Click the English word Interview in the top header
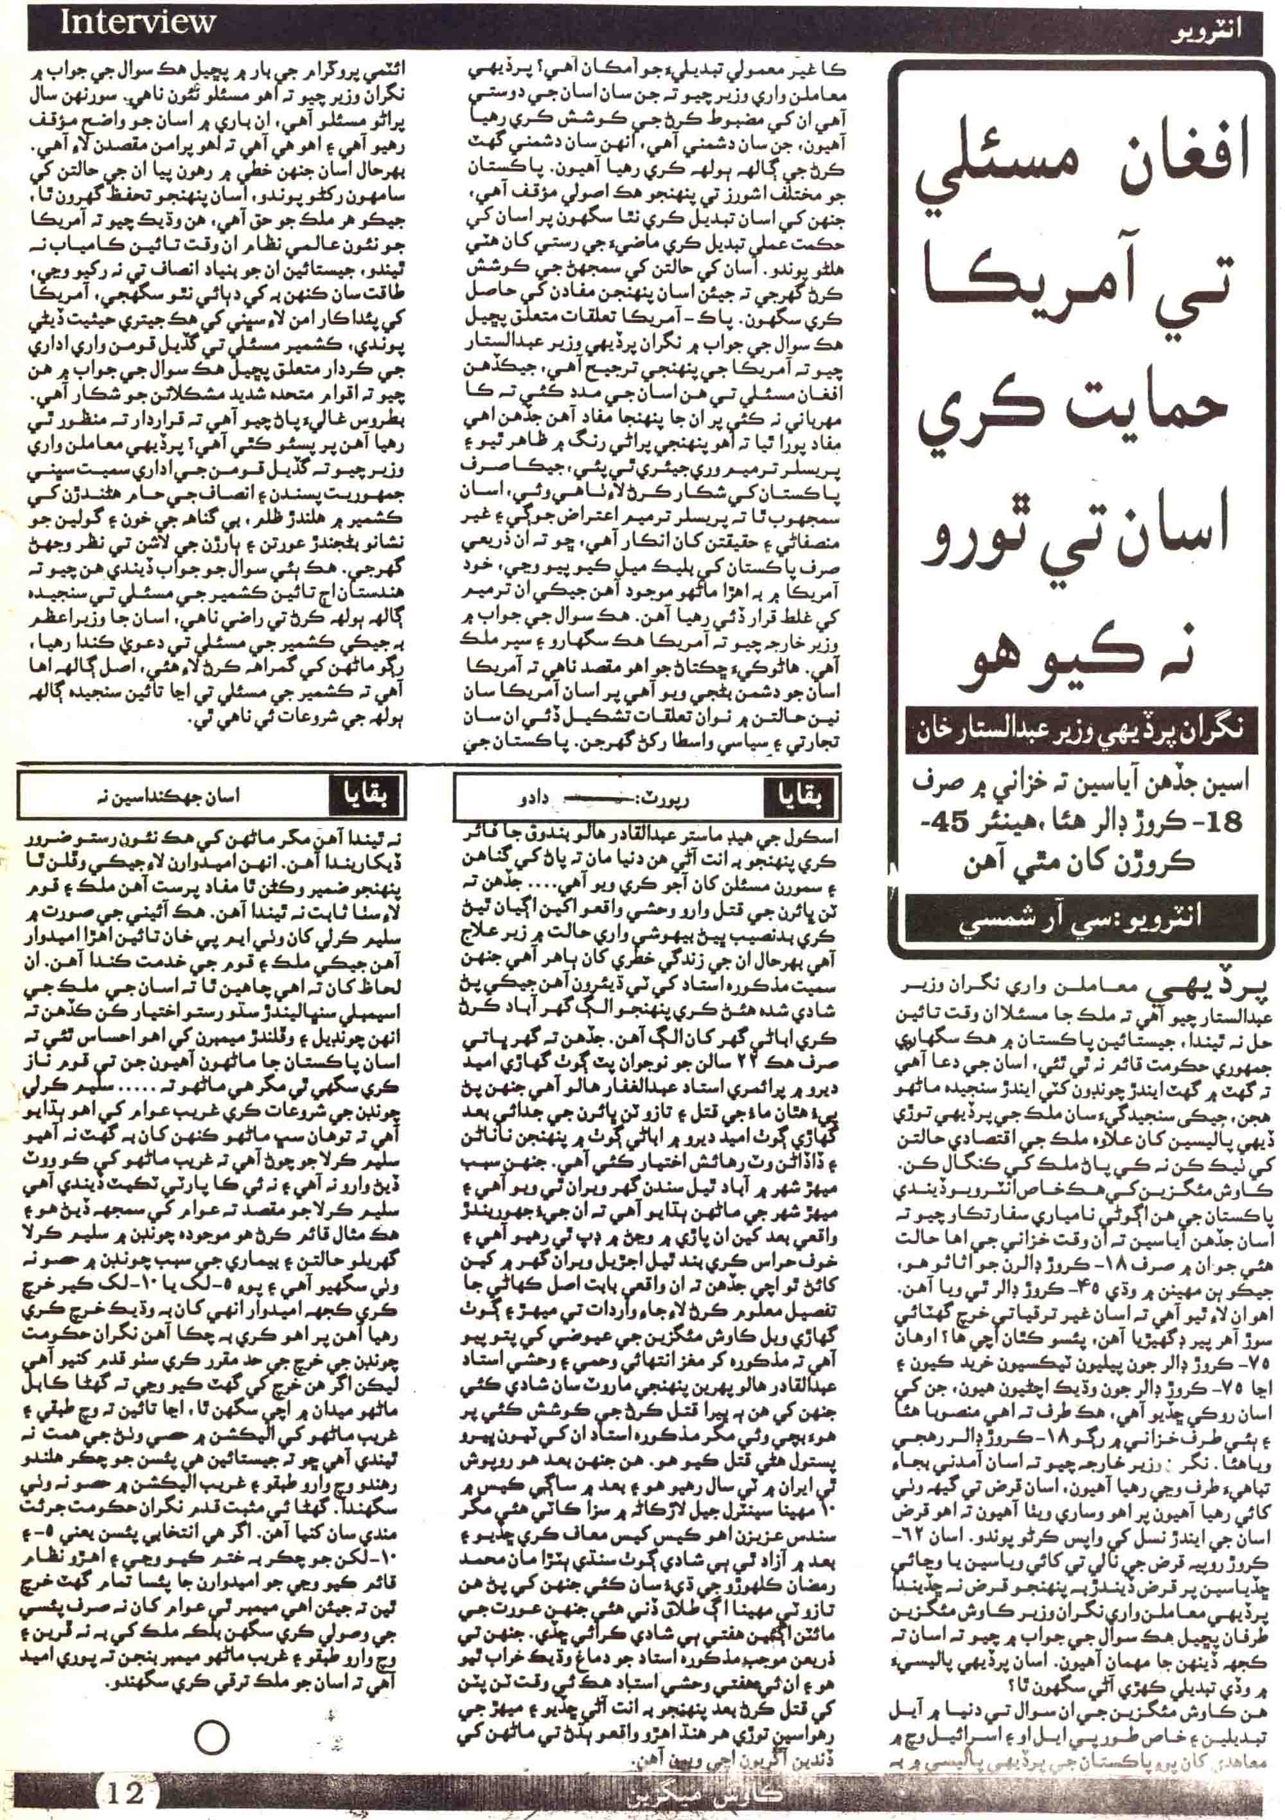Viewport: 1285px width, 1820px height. coord(136,23)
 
